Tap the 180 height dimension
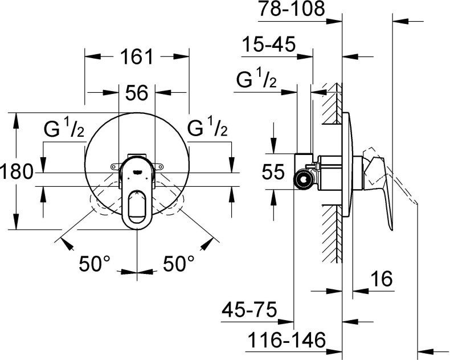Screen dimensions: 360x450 coord(16,171)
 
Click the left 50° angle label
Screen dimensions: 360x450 coord(94,263)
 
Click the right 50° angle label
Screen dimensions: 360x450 coord(179,263)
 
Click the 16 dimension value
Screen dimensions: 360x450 coord(381,280)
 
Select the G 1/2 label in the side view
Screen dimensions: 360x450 coord(257,81)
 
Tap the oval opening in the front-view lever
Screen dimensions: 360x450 coord(137,207)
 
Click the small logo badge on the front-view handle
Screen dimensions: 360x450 coord(137,169)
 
